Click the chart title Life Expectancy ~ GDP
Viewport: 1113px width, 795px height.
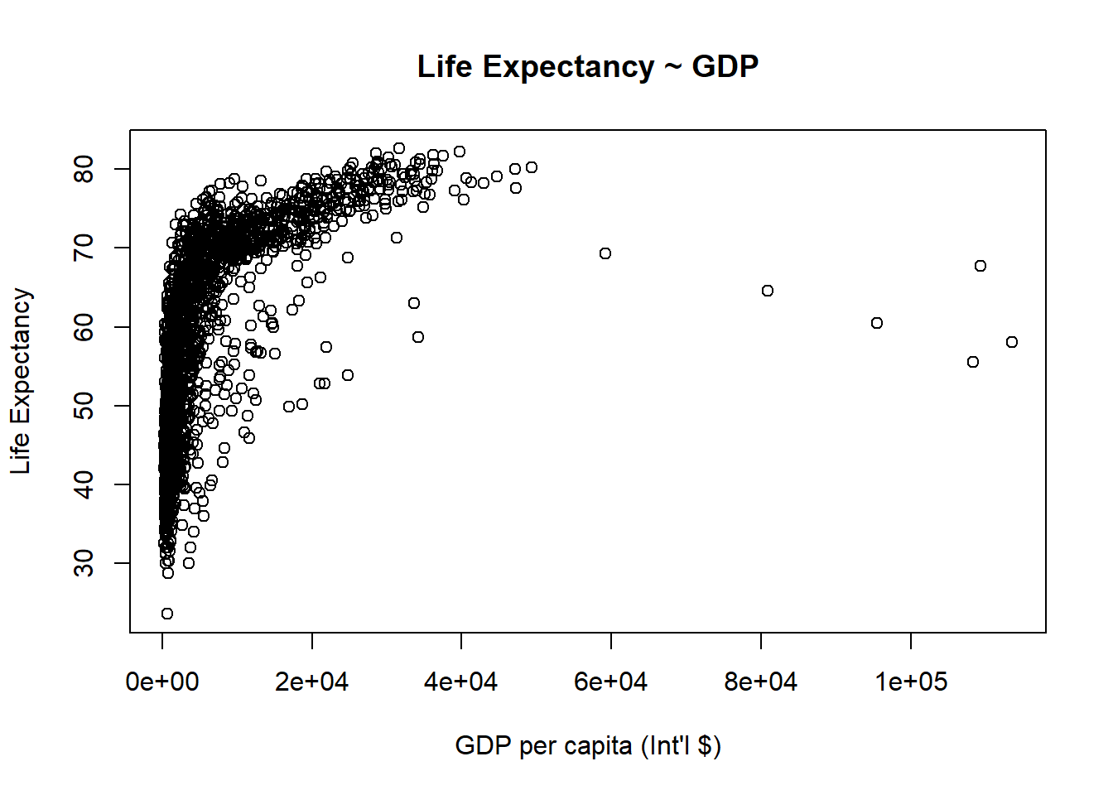click(x=587, y=67)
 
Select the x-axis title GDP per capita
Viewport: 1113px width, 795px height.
click(x=587, y=745)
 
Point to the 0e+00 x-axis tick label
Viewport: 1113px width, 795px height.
click(x=162, y=682)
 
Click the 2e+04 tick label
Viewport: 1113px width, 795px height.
click(x=312, y=682)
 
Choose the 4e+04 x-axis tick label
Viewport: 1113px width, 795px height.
click(x=461, y=682)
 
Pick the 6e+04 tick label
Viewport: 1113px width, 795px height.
click(x=611, y=682)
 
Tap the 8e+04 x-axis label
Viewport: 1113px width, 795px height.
click(x=761, y=682)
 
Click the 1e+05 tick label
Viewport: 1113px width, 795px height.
click(x=911, y=682)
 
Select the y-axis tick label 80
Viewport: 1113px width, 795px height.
click(x=84, y=170)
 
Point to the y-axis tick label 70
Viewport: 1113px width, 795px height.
click(x=84, y=248)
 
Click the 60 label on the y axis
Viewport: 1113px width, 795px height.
click(x=84, y=327)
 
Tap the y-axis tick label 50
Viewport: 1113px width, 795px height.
click(x=84, y=406)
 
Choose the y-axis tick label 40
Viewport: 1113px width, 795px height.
click(x=84, y=484)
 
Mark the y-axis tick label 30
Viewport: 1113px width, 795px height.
click(x=84, y=563)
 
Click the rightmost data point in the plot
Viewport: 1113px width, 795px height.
click(x=1012, y=342)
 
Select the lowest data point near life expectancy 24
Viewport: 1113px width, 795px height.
click(x=167, y=614)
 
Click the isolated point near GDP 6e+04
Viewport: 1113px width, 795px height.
click(x=605, y=253)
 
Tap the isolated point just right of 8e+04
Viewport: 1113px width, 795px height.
click(x=768, y=291)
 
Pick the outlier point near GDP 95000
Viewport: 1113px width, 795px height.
click(x=877, y=323)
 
